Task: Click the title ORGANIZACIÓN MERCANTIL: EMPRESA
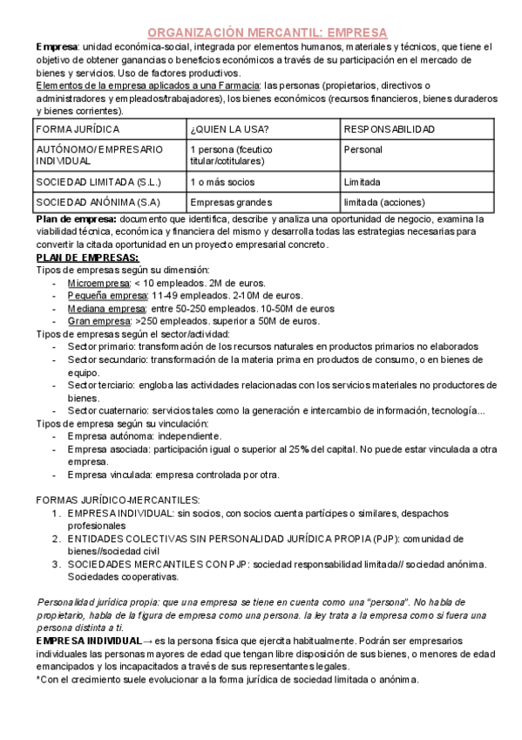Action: pyautogui.click(x=261, y=31)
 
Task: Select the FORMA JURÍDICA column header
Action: pyautogui.click(x=71, y=129)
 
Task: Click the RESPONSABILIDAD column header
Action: pyautogui.click(x=389, y=129)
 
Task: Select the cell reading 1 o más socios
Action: pyautogui.click(x=222, y=182)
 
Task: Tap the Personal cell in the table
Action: pyautogui.click(x=363, y=150)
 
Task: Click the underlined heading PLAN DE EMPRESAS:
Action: pyautogui.click(x=86, y=258)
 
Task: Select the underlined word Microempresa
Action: pyautogui.click(x=98, y=284)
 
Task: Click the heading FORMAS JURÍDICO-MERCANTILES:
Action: pyautogui.click(x=118, y=500)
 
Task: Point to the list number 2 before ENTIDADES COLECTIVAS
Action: pyautogui.click(x=57, y=538)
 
